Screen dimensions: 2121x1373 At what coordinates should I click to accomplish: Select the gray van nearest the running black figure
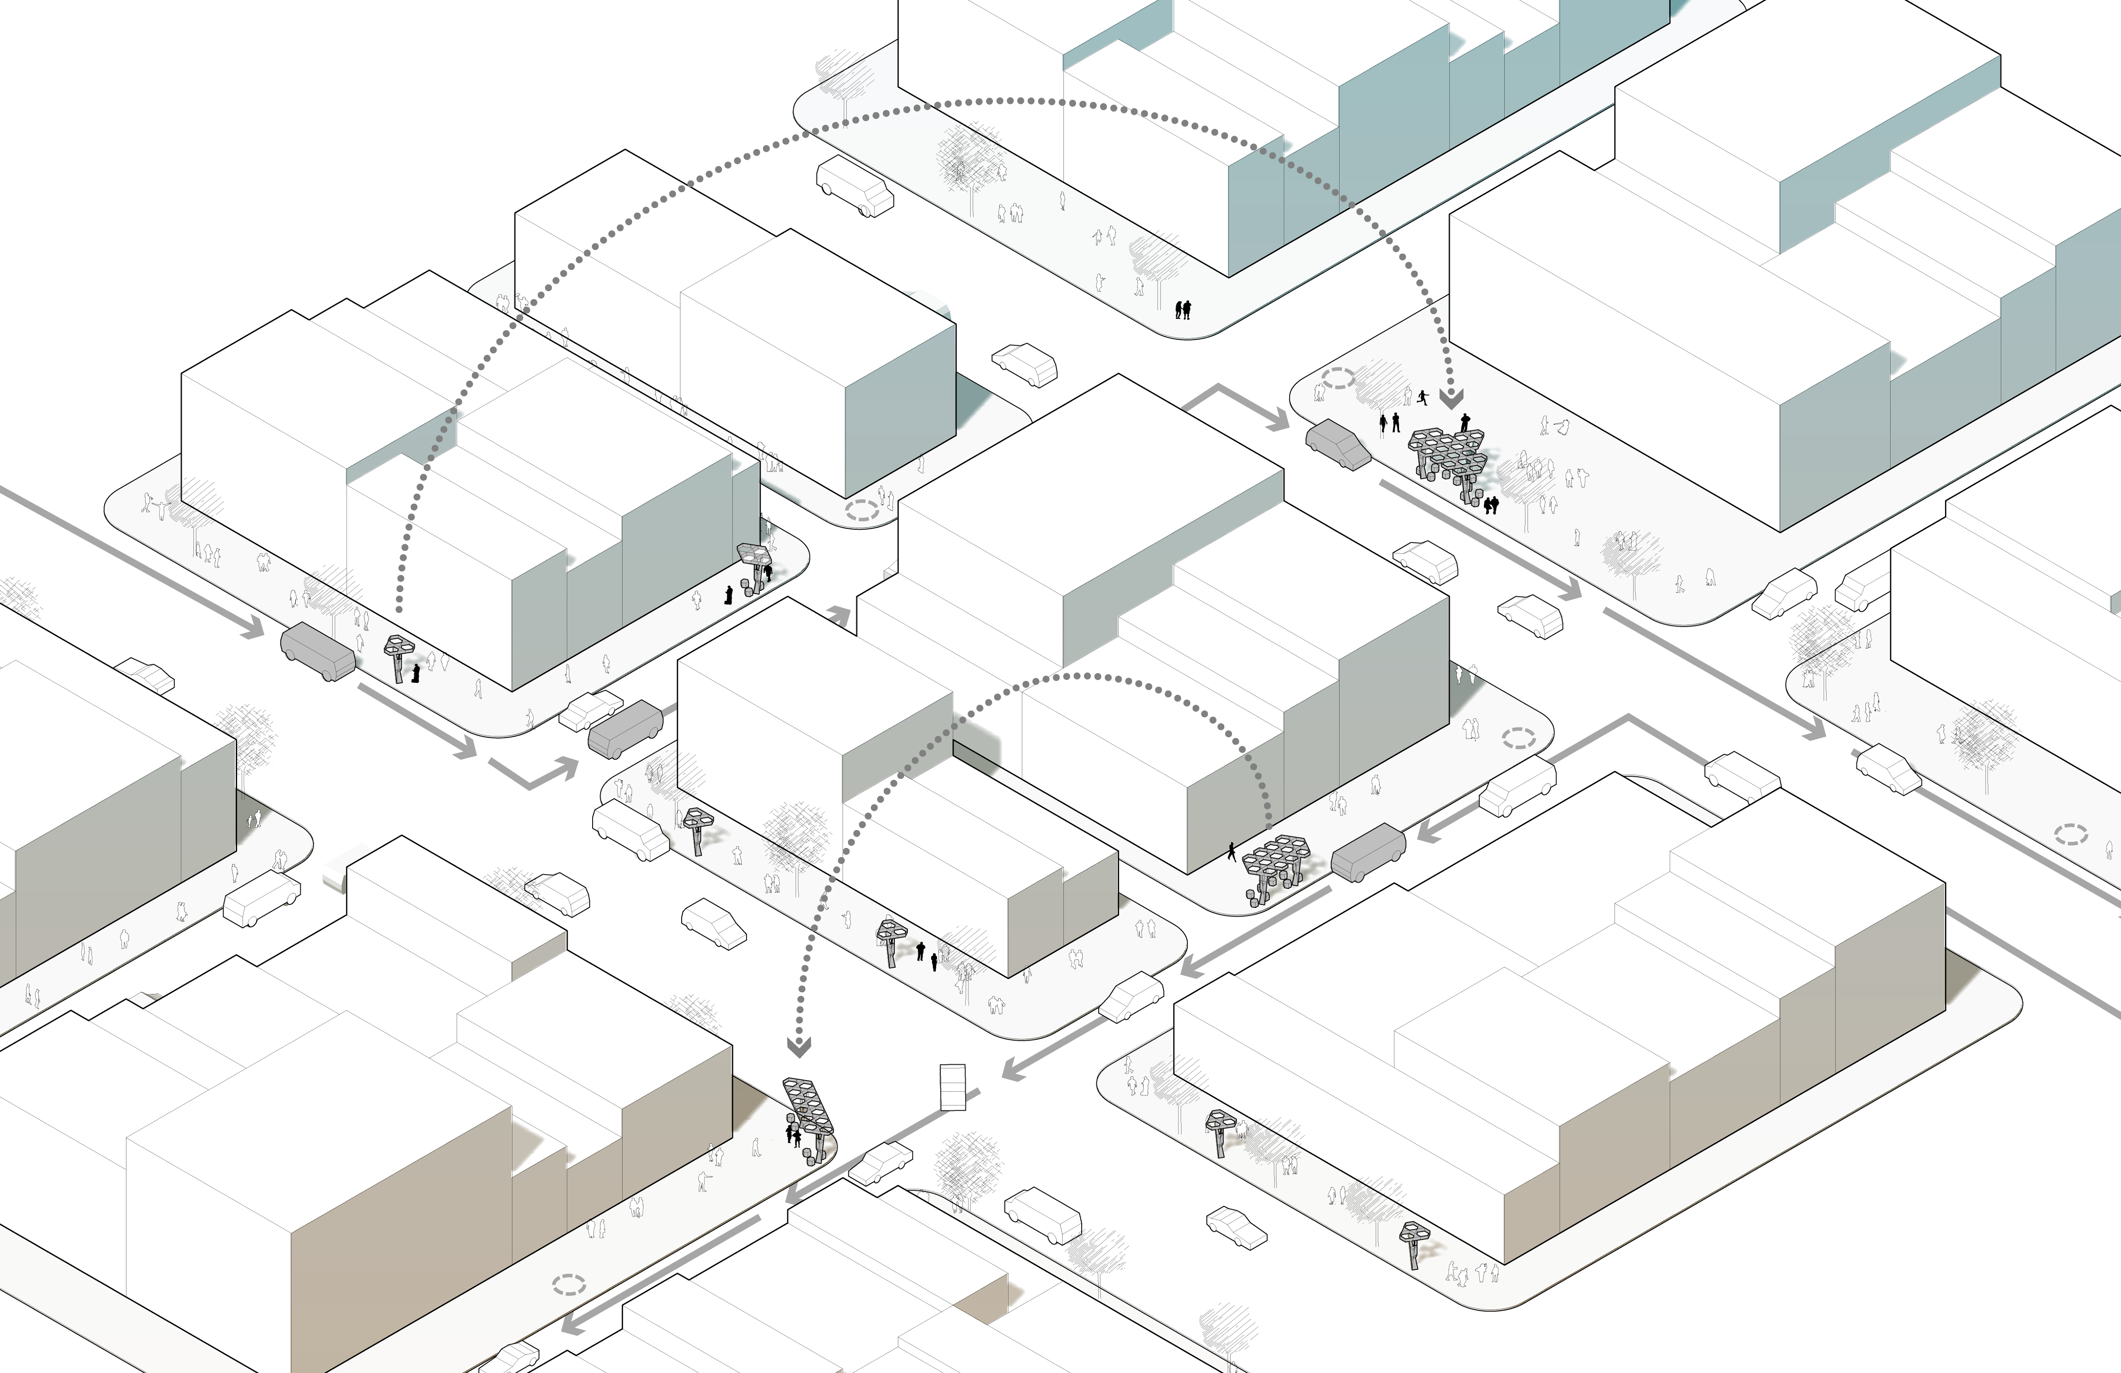[1338, 444]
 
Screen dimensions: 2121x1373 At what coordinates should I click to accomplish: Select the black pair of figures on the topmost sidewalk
[1183, 309]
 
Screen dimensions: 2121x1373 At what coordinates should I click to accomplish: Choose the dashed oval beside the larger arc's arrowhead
[1338, 378]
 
